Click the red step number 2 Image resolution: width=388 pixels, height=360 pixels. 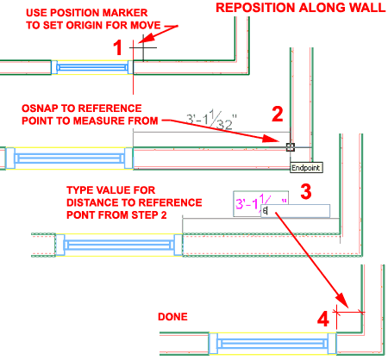(x=278, y=114)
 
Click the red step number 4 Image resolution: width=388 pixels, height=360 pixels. (x=324, y=319)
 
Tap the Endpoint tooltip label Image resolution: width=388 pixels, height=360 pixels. (x=307, y=167)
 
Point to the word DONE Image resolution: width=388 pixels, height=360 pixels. (x=172, y=317)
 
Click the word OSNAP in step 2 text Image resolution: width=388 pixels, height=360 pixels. (x=43, y=108)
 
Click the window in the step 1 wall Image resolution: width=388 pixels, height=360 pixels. (x=90, y=66)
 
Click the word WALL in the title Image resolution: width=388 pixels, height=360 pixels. (x=362, y=9)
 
